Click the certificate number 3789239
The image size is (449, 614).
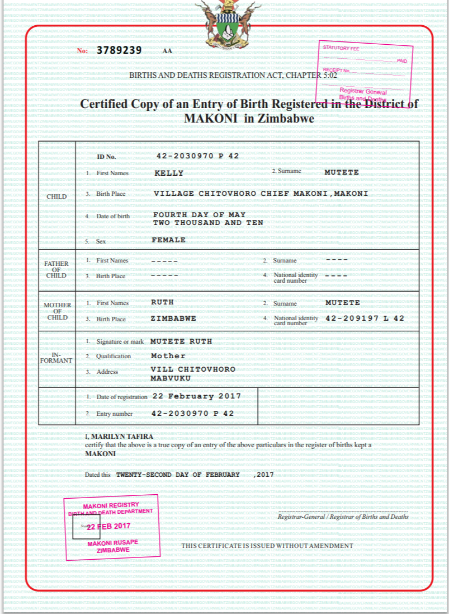tap(119, 50)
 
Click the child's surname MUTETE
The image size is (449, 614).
tap(342, 172)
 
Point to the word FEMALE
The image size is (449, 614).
tap(168, 240)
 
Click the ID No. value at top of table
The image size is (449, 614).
tap(197, 156)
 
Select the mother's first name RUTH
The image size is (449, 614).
tap(162, 302)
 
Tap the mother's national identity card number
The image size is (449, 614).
tap(364, 318)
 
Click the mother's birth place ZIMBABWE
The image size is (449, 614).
tap(173, 318)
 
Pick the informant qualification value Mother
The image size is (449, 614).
tap(168, 356)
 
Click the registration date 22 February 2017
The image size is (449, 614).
tap(196, 396)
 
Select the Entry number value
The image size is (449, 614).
tap(193, 414)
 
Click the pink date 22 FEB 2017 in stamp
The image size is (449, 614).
tap(108, 526)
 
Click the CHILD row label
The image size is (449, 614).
tap(57, 196)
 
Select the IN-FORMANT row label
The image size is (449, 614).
tap(57, 358)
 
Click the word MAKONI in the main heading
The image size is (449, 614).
tap(207, 119)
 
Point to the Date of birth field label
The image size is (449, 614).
tap(112, 216)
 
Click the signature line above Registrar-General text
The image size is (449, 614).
tap(343, 511)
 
